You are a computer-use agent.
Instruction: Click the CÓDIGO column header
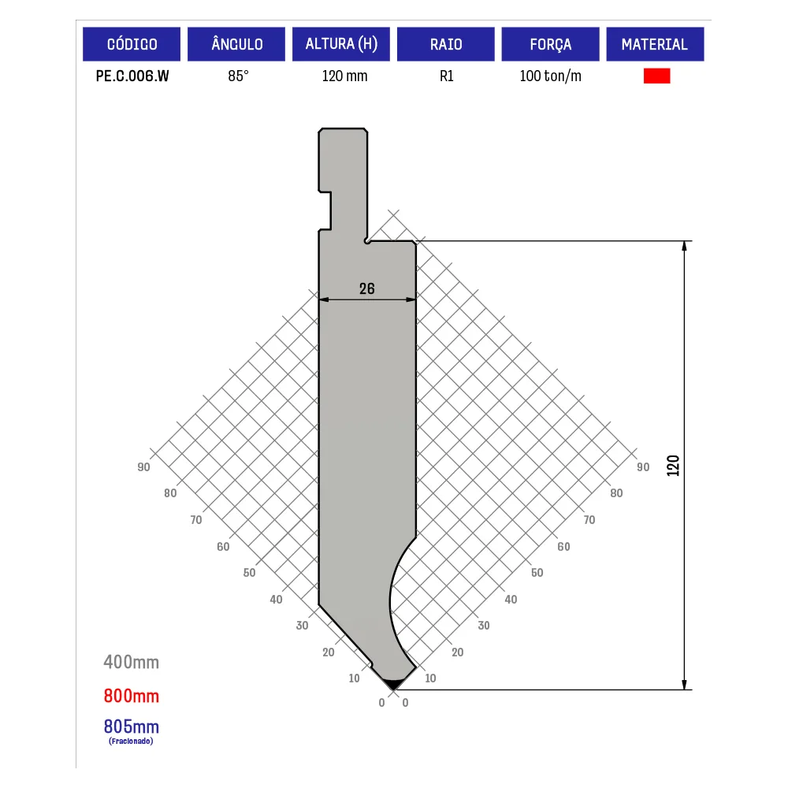[132, 44]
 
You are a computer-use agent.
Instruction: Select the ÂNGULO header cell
[236, 44]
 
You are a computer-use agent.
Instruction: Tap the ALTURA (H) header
[341, 44]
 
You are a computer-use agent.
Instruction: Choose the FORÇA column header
[550, 44]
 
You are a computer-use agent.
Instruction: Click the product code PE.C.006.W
[132, 76]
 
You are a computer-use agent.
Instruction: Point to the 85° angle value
[238, 76]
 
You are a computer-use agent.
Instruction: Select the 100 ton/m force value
[550, 76]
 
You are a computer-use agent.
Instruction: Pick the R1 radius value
[446, 76]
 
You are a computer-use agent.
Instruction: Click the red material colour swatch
[657, 76]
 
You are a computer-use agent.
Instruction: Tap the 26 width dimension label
[367, 288]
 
